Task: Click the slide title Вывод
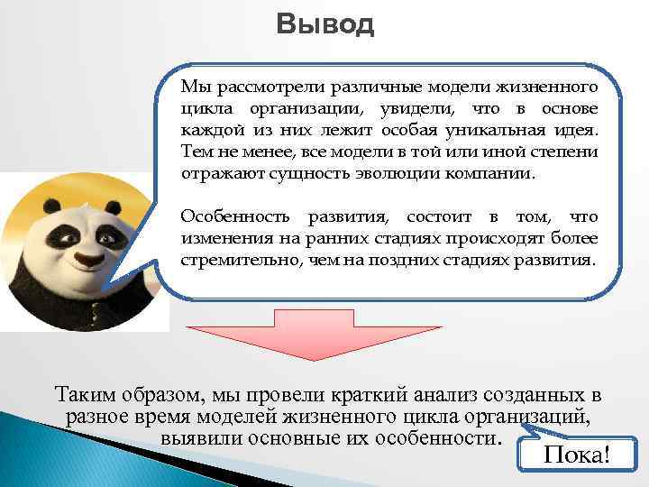coord(324,24)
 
